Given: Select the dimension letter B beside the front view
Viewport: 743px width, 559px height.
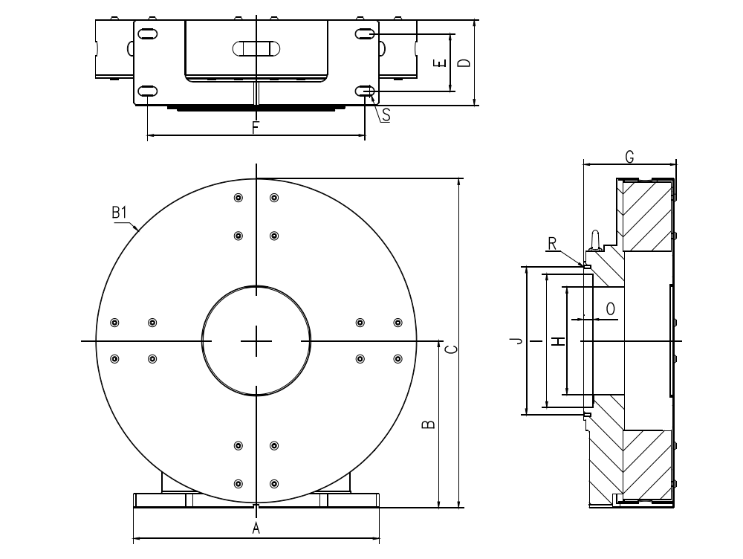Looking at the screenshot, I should click(429, 424).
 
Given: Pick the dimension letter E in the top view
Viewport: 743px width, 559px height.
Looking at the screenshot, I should click(441, 63).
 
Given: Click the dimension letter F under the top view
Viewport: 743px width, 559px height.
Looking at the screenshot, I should click(255, 127).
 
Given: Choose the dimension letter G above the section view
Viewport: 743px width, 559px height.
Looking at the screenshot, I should click(629, 156).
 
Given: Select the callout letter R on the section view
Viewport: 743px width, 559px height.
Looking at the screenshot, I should click(552, 243).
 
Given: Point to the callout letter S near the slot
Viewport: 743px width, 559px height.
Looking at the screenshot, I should click(386, 115).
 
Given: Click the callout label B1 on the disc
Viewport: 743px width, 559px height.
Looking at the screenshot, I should click(120, 213).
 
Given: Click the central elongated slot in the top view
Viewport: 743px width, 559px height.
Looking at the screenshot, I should click(256, 48).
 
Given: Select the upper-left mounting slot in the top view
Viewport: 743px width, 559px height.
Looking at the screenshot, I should click(147, 34).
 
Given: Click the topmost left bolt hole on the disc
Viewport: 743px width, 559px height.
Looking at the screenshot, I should click(239, 198).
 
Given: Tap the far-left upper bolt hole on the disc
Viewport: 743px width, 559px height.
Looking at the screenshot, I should click(114, 322).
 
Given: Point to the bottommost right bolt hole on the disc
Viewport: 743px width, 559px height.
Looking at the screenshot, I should click(274, 483).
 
